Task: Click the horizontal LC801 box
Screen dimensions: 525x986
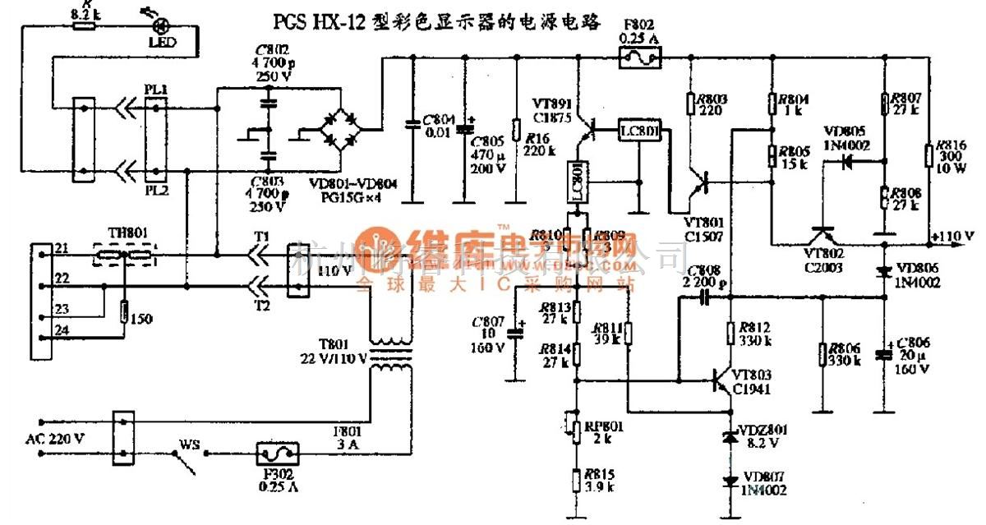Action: pyautogui.click(x=641, y=130)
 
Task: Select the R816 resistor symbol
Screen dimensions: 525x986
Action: pyautogui.click(x=928, y=155)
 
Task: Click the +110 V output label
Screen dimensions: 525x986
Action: pyautogui.click(x=953, y=236)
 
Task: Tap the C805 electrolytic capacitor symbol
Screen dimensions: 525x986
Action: pyautogui.click(x=465, y=130)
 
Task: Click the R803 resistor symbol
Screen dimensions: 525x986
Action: pyautogui.click(x=690, y=103)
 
